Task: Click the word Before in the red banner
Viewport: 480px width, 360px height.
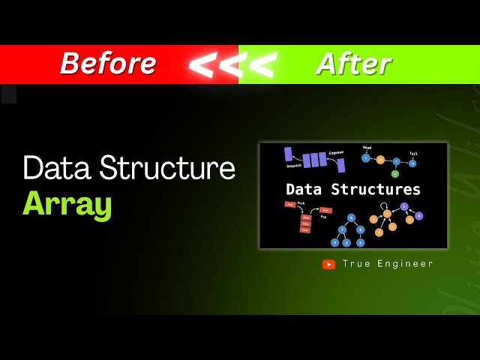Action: (x=108, y=64)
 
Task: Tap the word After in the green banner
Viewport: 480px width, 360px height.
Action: (x=353, y=64)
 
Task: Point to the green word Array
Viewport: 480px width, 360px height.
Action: (x=67, y=204)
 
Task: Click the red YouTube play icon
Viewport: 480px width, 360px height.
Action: (x=328, y=264)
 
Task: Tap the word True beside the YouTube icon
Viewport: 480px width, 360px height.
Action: (x=355, y=264)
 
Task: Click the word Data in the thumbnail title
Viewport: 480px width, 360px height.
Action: (x=306, y=189)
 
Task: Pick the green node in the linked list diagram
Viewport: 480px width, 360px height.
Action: (x=395, y=173)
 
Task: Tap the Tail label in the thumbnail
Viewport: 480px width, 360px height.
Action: (x=413, y=153)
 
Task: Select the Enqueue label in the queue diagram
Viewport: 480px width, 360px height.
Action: (x=336, y=153)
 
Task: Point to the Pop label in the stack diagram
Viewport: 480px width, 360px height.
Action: (x=324, y=215)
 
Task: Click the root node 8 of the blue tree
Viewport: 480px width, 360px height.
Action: (x=351, y=217)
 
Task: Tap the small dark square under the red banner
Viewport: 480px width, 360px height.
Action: (x=8, y=94)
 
